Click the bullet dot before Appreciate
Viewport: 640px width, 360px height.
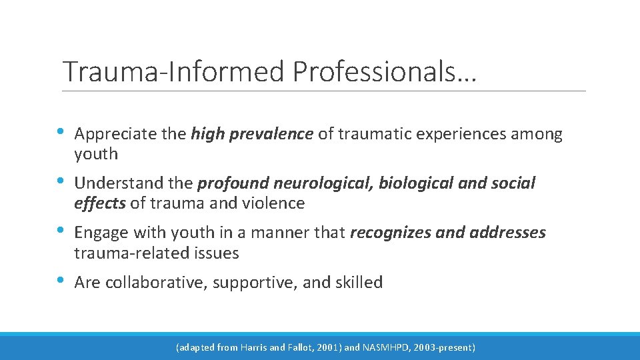[x=61, y=132]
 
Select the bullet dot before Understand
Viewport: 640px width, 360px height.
[x=61, y=181]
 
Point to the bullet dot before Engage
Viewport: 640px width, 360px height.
[x=61, y=231]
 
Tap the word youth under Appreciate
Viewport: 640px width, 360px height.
[x=96, y=154]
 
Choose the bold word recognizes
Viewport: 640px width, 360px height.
[x=388, y=233]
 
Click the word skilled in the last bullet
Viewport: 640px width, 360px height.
[x=360, y=283]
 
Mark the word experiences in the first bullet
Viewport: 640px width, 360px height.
[x=461, y=135]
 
